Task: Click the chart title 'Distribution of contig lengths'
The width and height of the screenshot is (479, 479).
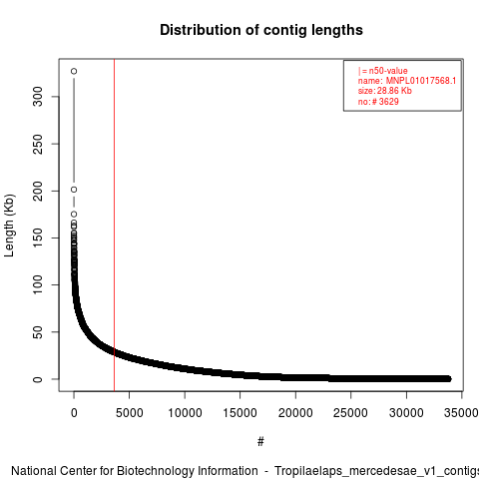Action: pos(261,30)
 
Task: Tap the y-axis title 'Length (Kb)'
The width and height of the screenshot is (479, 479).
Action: pos(9,226)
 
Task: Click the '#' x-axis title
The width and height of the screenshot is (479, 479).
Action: pos(260,442)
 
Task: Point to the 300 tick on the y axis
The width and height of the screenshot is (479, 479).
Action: pos(38,97)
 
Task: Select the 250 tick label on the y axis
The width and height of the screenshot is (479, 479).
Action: pos(38,144)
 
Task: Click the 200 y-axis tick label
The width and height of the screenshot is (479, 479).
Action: pos(38,191)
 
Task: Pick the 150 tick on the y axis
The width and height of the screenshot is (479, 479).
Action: pos(38,238)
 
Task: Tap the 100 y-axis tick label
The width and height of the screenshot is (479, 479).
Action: pos(38,284)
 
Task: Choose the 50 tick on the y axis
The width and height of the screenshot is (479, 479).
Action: pos(38,332)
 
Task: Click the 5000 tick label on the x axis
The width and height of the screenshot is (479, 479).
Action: pos(129,413)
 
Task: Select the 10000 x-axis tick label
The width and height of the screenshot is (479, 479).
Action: pos(185,413)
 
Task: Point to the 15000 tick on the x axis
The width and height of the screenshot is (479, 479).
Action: pos(239,413)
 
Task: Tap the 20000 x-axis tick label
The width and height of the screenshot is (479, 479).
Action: pos(295,413)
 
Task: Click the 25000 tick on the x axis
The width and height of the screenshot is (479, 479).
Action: pos(350,413)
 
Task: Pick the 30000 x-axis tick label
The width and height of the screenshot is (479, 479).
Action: pos(406,413)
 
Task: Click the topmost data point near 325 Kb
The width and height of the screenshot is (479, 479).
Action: pos(74,71)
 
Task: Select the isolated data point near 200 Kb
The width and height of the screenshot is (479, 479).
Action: pos(74,190)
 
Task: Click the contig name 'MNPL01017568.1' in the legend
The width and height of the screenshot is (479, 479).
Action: pos(421,81)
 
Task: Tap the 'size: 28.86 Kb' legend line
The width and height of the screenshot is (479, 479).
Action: pos(385,91)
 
